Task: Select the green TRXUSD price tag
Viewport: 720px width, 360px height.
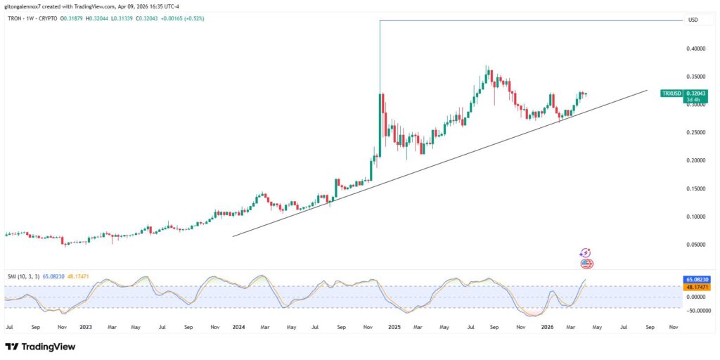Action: click(673, 93)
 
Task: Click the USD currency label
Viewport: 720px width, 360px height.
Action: click(693, 20)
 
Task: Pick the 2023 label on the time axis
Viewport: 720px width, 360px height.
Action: click(86, 327)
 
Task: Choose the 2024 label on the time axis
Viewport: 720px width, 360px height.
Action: click(238, 327)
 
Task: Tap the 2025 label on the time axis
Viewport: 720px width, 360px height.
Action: click(393, 327)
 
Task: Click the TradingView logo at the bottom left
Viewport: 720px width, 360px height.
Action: click(40, 347)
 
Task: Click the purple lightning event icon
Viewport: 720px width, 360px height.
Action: click(584, 253)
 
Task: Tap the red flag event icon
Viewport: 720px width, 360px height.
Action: click(587, 264)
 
